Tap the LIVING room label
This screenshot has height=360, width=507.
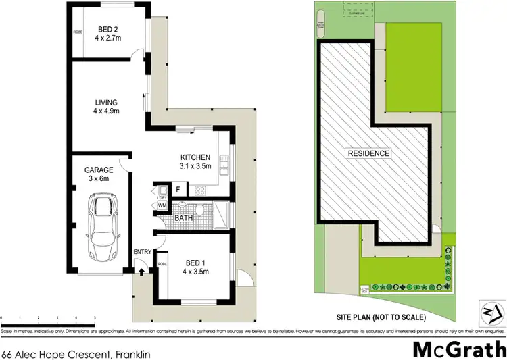(106, 103)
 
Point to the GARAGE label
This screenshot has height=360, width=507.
(97, 171)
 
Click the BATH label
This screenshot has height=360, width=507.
(184, 218)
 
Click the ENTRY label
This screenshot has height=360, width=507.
(142, 253)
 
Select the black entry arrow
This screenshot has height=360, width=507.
(141, 272)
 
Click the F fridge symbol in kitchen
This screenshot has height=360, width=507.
(178, 190)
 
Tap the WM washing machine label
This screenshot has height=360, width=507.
(162, 205)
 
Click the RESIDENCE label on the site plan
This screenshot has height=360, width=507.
(368, 153)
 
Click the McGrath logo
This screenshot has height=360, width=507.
(459, 332)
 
